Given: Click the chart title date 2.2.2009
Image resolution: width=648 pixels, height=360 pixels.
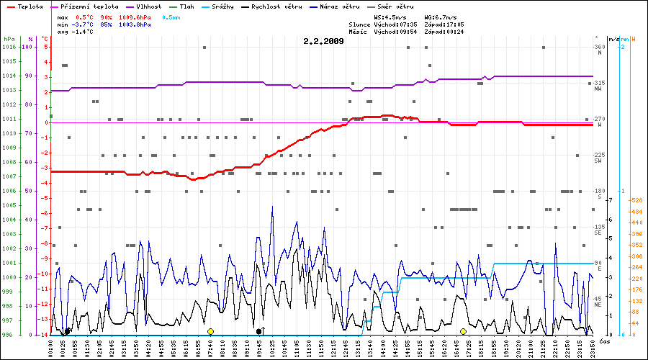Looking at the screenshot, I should click(x=323, y=41).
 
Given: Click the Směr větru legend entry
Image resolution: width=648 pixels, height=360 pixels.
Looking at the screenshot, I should click(x=395, y=6).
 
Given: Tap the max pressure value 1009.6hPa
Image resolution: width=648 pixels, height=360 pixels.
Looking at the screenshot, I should click(x=135, y=17).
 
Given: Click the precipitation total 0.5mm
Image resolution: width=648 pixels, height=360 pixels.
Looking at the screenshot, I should click(x=171, y=17).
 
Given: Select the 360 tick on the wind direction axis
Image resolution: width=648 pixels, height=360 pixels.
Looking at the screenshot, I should click(x=598, y=47).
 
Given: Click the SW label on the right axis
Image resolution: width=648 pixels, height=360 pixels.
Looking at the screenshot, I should click(x=598, y=161).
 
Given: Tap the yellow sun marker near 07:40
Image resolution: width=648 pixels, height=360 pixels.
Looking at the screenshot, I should click(x=210, y=331).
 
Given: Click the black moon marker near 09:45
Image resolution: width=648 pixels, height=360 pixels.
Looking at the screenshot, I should click(x=259, y=331).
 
